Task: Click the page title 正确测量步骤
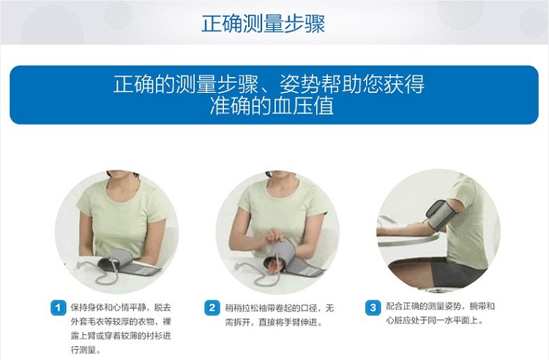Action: coord(264,23)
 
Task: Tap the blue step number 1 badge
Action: coord(58,308)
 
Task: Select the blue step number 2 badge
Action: coord(212,308)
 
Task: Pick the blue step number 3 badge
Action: coord(373,308)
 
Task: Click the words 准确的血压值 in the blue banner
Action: coord(272,106)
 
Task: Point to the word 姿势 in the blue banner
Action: coord(299,84)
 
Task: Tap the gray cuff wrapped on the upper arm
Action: coord(441,214)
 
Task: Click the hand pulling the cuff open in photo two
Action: coord(274,236)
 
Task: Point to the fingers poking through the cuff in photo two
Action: coord(272,268)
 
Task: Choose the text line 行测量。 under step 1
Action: coord(86,350)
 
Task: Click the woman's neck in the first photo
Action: coord(121,184)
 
